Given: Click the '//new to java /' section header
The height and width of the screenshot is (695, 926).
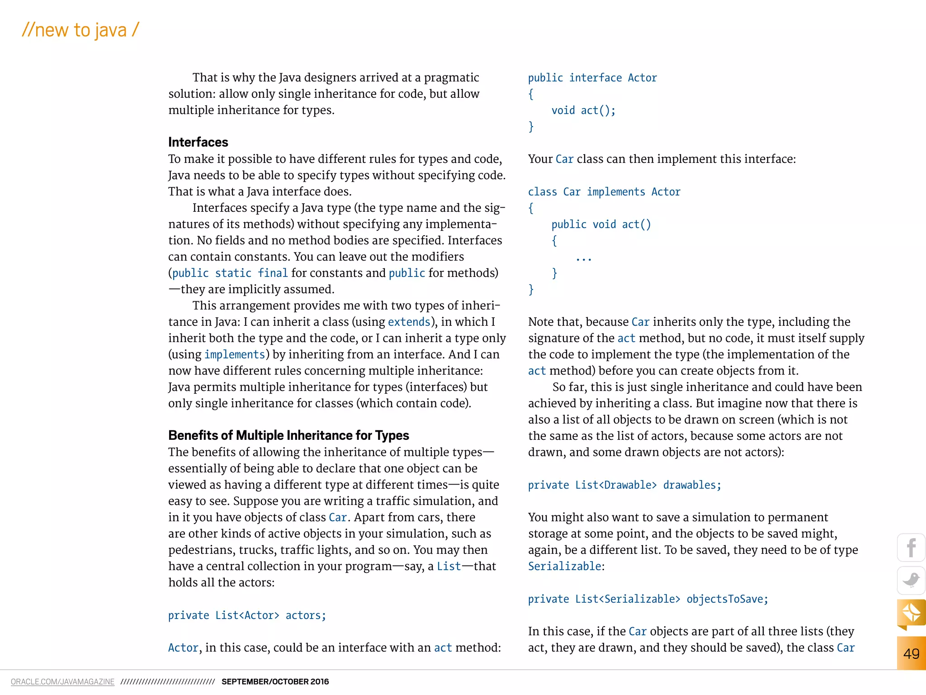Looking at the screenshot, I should click(x=80, y=30).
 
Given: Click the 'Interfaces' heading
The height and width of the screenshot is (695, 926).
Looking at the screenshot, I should click(x=198, y=142).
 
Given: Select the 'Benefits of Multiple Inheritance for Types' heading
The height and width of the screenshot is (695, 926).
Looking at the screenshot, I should click(x=288, y=435).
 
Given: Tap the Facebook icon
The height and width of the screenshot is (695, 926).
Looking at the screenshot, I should click(x=911, y=548).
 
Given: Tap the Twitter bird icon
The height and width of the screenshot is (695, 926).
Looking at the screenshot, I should click(x=911, y=580).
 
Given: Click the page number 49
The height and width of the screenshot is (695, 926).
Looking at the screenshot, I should click(x=911, y=653).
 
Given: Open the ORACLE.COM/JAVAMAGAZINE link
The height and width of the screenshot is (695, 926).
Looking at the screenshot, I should click(x=62, y=681).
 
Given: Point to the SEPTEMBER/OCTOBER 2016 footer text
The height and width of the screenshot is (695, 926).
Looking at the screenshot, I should click(x=275, y=681).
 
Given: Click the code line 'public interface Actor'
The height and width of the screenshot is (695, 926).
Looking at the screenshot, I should click(x=592, y=78).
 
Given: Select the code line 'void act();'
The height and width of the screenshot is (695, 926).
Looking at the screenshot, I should click(x=583, y=110).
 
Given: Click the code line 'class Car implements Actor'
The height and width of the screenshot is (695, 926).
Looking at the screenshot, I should click(x=604, y=192).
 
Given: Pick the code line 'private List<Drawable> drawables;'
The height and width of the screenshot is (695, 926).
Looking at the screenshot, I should click(x=624, y=485).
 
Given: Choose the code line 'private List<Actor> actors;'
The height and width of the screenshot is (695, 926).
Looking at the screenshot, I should click(x=247, y=615).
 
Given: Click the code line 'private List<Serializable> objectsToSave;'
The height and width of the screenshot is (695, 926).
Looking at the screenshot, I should click(x=648, y=599).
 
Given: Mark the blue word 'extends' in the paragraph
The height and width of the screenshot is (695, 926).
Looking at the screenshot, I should click(x=409, y=322).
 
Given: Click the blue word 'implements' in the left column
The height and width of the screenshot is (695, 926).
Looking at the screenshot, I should click(x=235, y=354).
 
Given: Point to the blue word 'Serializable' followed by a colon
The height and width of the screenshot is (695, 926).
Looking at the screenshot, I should click(x=565, y=566).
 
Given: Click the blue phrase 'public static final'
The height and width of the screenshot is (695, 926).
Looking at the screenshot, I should click(x=230, y=273).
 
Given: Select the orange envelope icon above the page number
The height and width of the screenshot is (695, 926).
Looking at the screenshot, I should click(x=911, y=613).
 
